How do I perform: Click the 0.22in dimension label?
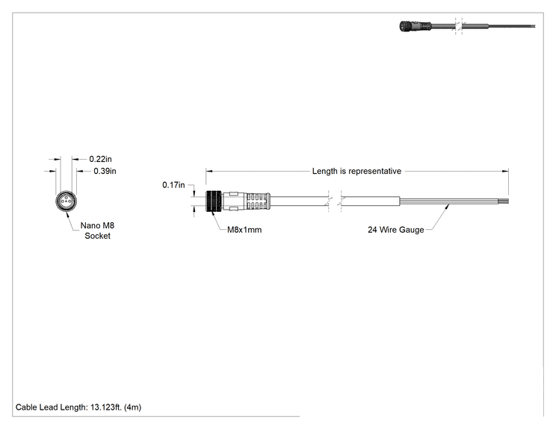100,159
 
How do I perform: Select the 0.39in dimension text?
105,172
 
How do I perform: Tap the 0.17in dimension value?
173,185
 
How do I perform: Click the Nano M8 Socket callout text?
97,231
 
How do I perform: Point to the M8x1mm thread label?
244,230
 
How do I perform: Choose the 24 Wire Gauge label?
396,230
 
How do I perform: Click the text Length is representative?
356,172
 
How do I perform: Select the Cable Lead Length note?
78,407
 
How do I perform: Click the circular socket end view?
66,201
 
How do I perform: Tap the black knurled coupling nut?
214,201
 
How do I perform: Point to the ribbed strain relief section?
258,201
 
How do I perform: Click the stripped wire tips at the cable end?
504,201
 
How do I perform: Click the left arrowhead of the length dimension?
208,172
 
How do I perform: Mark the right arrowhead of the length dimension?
505,172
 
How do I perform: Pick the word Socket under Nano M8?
97,236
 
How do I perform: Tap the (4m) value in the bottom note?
132,407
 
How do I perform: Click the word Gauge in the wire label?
412,230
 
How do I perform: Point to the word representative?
375,172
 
